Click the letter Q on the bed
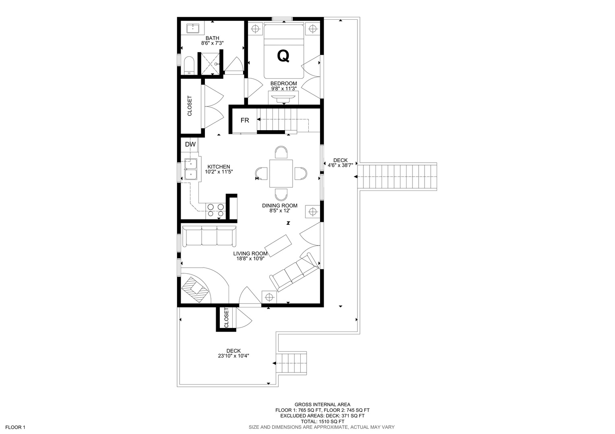click(x=283, y=56)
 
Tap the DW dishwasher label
click(x=190, y=144)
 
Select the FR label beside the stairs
click(x=245, y=120)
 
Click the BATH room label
click(x=213, y=38)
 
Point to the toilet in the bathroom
click(x=189, y=65)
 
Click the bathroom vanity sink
click(x=193, y=28)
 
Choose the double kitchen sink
click(x=191, y=170)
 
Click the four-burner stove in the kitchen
click(x=215, y=210)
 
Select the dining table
click(x=281, y=174)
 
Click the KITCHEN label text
click(x=219, y=167)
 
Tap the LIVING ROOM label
click(x=250, y=254)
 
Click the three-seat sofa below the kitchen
click(x=209, y=236)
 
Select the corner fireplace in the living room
click(x=196, y=289)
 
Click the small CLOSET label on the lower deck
click(x=226, y=318)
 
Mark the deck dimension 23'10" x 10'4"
click(x=233, y=356)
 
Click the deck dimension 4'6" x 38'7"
click(x=340, y=165)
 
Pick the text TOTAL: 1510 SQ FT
click(x=322, y=422)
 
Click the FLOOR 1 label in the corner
click(x=15, y=427)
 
